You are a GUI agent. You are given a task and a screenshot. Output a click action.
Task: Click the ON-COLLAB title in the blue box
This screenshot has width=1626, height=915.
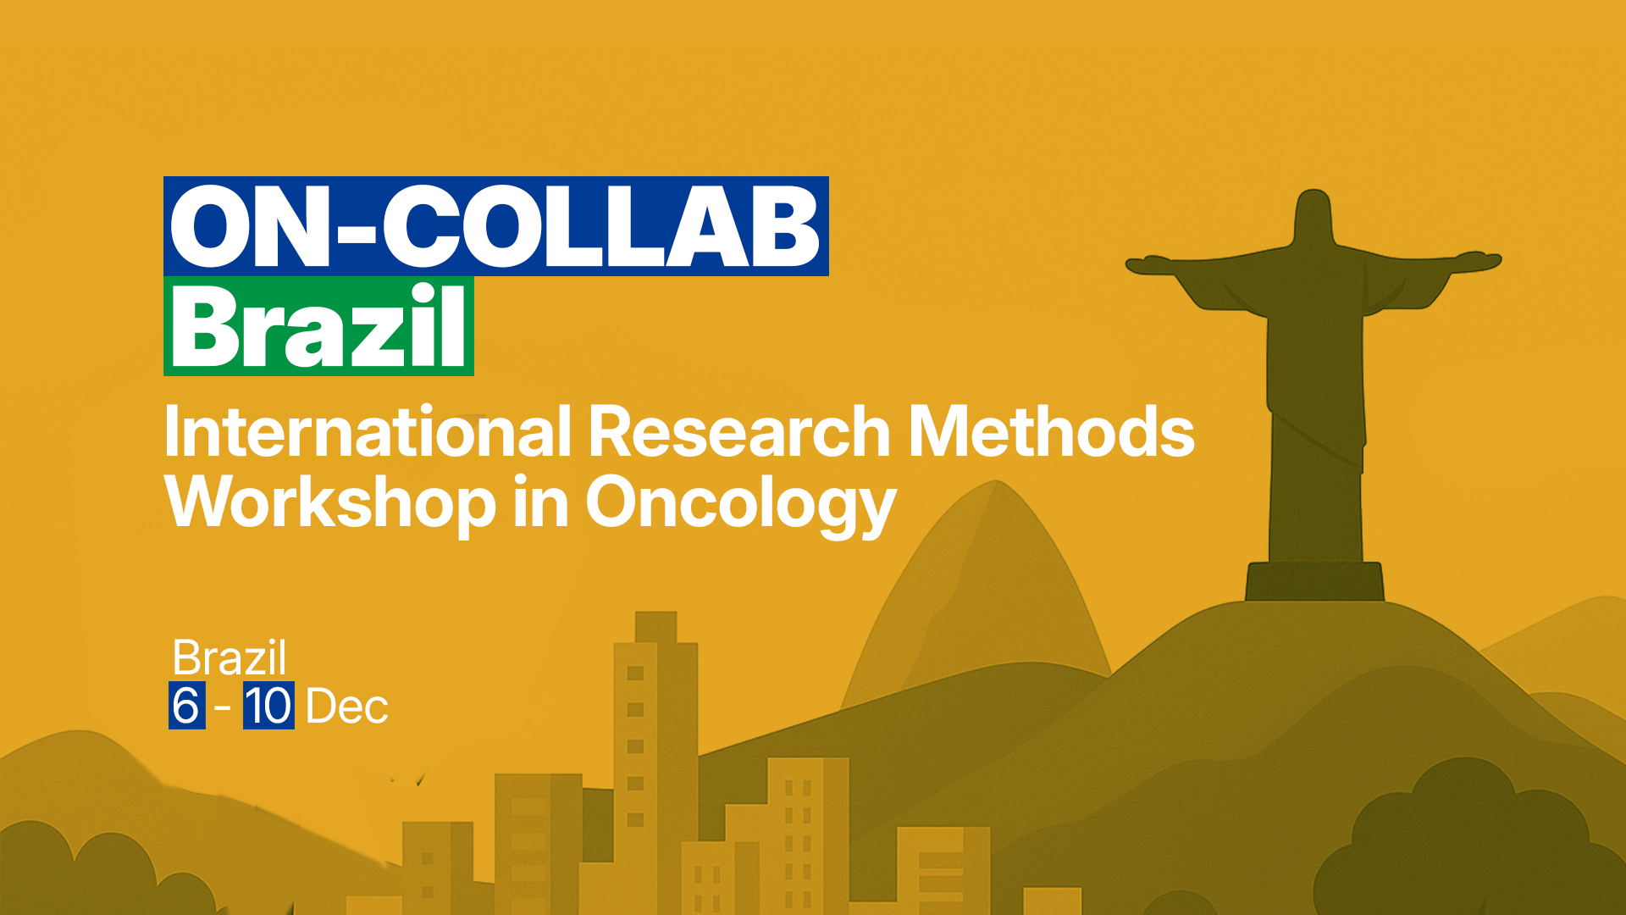click(495, 226)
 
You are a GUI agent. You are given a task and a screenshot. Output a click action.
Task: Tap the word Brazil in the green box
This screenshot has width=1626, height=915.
click(318, 326)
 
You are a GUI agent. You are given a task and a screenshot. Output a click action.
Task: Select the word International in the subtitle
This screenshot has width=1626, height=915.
click(368, 431)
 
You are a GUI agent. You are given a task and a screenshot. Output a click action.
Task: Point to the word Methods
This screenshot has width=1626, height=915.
click(1051, 431)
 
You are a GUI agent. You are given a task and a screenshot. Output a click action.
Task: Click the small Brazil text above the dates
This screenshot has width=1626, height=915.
click(230, 657)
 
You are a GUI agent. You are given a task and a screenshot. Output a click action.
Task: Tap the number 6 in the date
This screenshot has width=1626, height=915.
click(186, 706)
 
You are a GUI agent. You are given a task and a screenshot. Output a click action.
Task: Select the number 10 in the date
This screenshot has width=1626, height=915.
click(268, 706)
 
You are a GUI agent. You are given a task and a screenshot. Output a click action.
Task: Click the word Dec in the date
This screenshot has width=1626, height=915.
click(347, 707)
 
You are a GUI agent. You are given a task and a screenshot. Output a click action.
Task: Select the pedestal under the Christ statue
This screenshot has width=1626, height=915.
click(1314, 581)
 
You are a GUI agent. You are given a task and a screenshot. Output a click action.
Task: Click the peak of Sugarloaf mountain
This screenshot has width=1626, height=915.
click(996, 484)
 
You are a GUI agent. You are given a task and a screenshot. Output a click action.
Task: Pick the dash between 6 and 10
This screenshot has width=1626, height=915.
click(223, 707)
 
